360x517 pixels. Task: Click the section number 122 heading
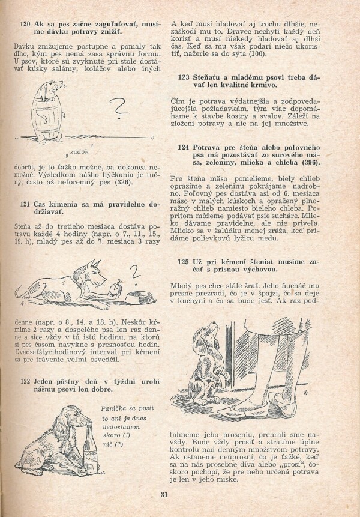(x=25, y=381)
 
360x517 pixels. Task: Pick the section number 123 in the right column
(x=185, y=77)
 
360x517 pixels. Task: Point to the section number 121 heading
(x=25, y=204)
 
